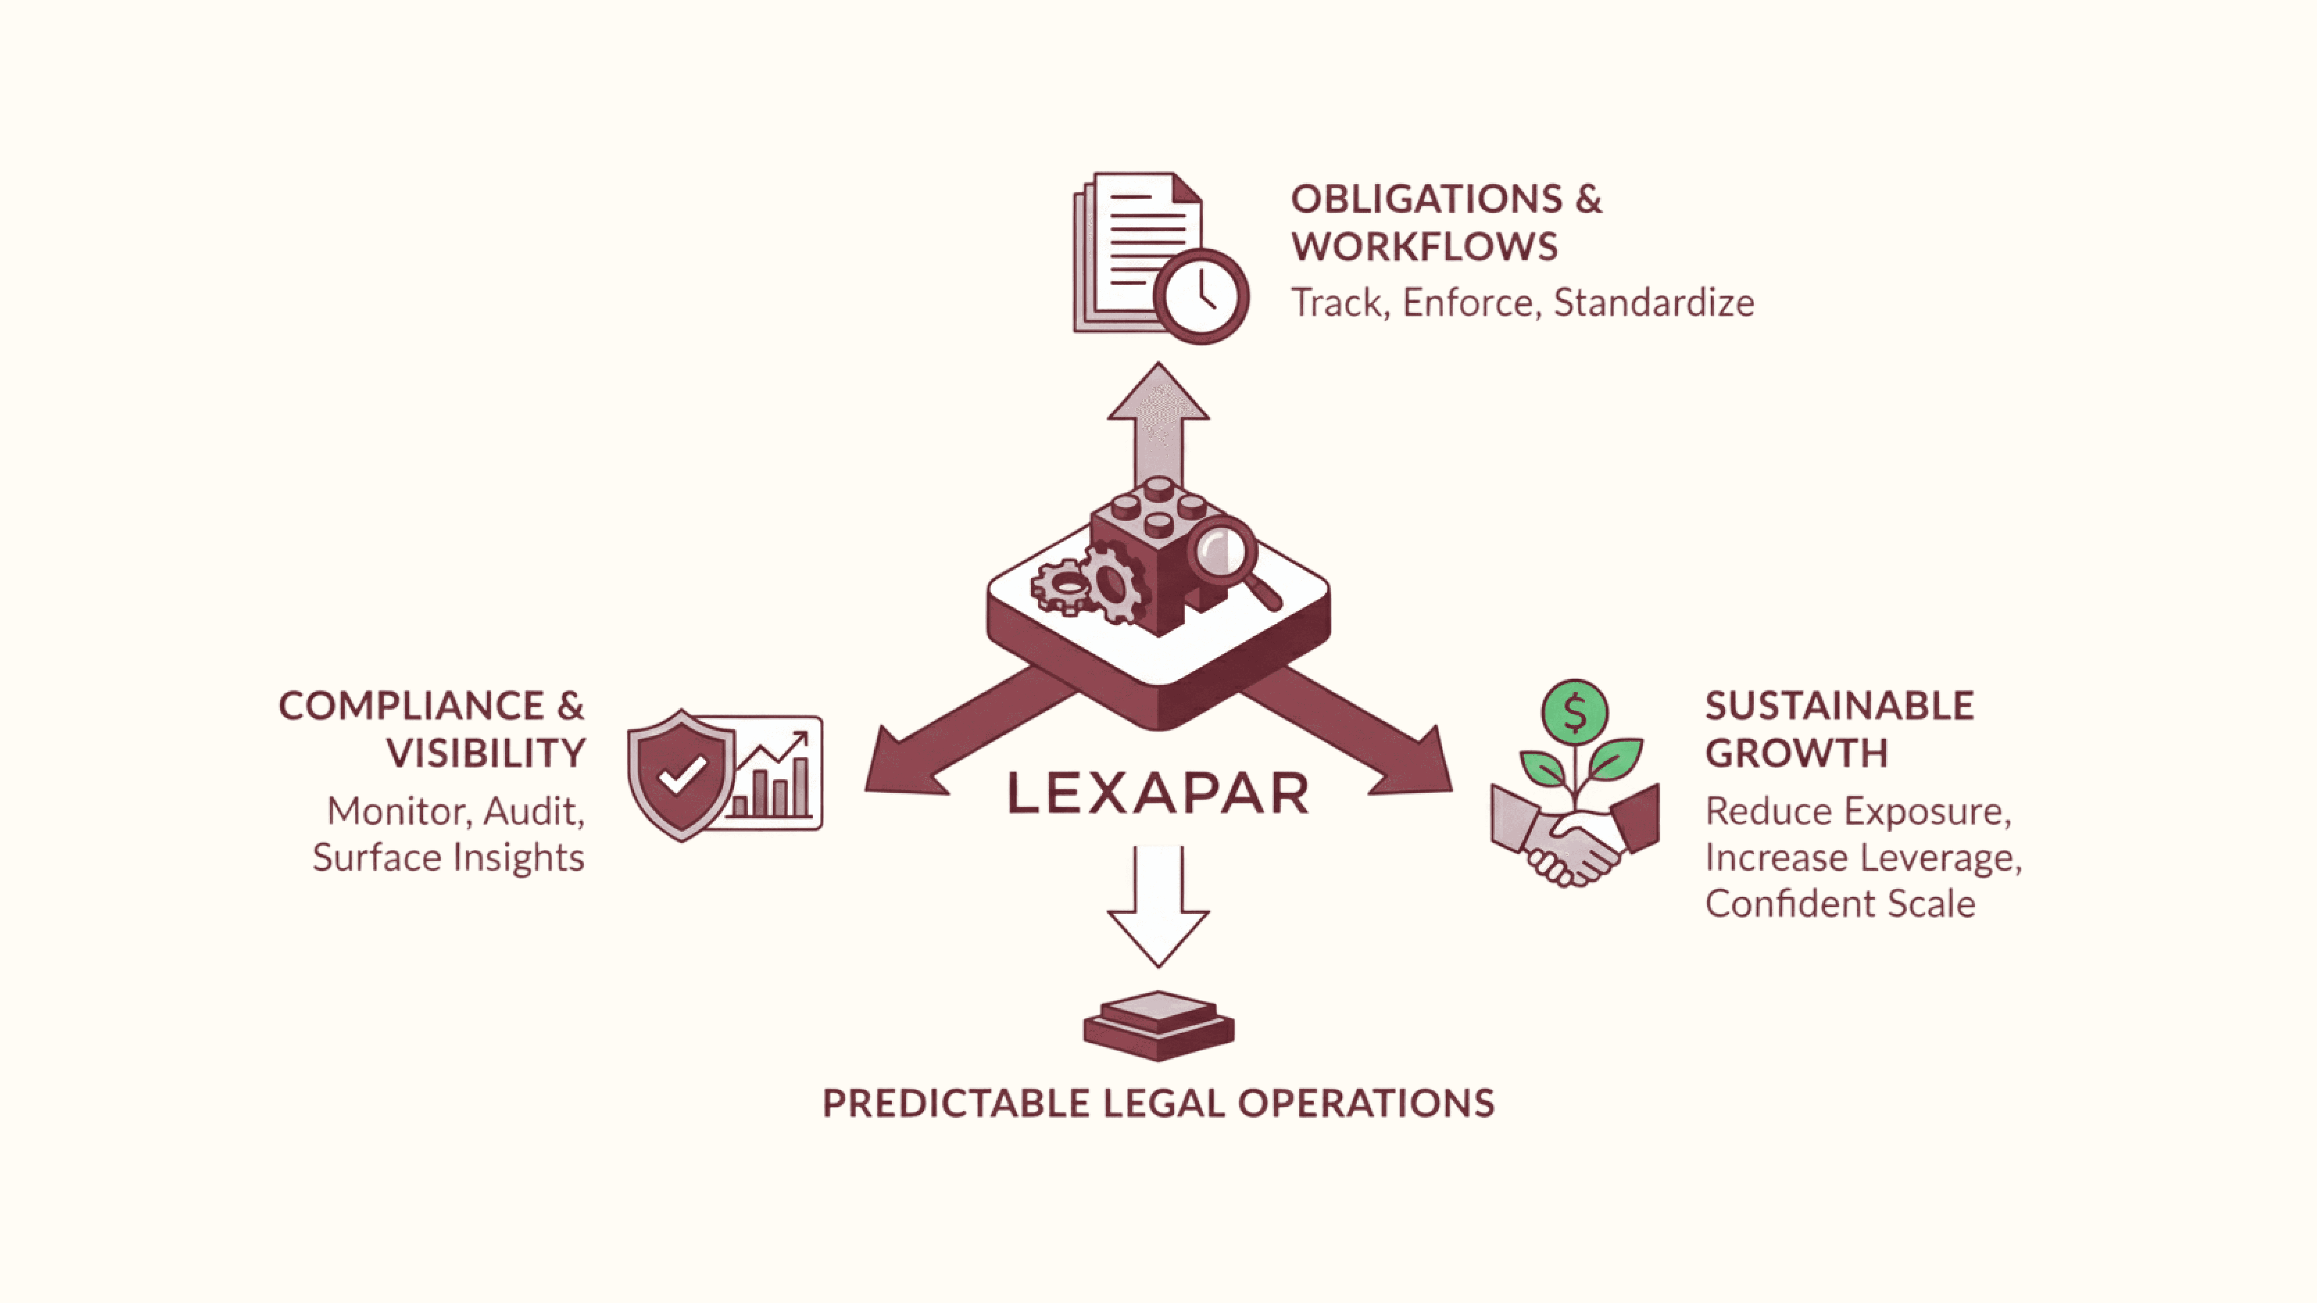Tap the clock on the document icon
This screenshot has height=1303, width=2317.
[x=1202, y=296]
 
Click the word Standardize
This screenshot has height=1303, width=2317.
[x=1653, y=303]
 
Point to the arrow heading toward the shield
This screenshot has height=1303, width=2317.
[x=953, y=736]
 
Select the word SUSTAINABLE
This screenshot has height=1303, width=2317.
[x=1840, y=706]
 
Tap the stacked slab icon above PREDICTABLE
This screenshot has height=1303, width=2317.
[x=1158, y=1025]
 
